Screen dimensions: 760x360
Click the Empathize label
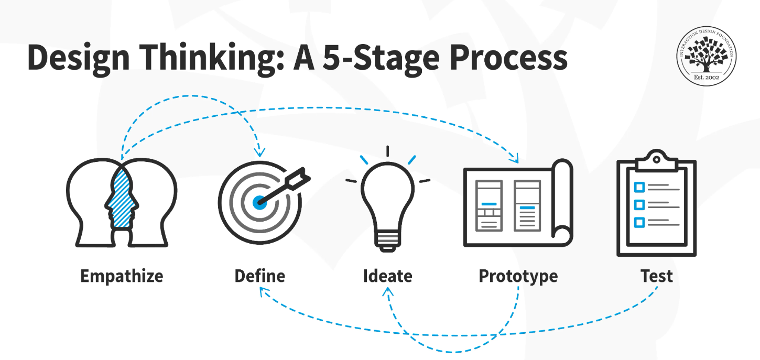tap(122, 276)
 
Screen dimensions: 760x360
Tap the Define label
tap(260, 276)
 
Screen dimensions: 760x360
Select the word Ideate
tap(388, 276)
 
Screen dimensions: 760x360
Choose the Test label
tap(657, 276)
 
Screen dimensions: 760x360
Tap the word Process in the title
tap(508, 58)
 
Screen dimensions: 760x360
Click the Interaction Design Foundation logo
tap(707, 56)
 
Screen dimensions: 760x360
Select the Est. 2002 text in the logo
tap(707, 78)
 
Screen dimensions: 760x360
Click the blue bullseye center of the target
tap(259, 203)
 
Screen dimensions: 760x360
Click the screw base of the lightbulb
tap(387, 241)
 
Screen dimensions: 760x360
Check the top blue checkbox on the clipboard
tap(639, 187)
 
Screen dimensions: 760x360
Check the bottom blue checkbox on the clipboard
tap(639, 223)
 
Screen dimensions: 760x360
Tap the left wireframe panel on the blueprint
tap(489, 206)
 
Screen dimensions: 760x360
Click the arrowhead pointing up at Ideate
tap(388, 292)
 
